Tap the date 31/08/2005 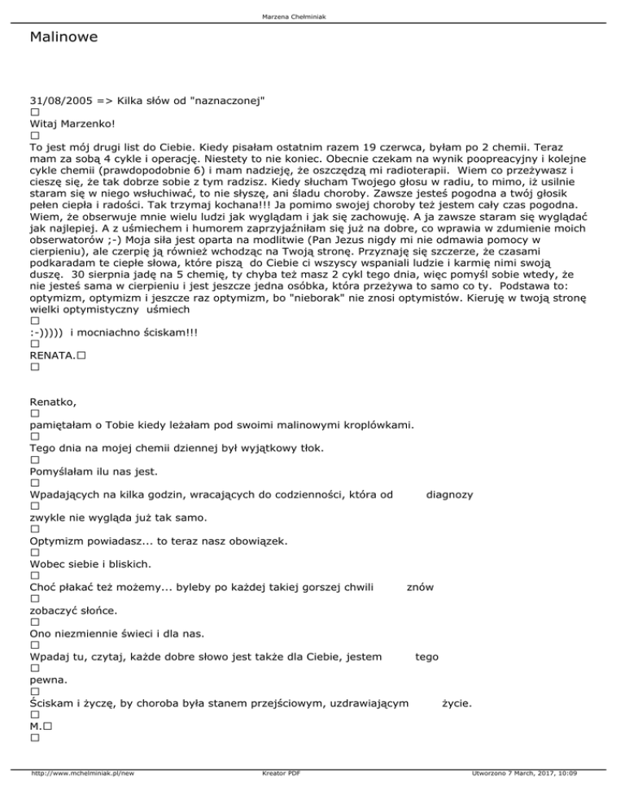coord(60,100)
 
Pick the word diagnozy coord(451,494)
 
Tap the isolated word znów coord(420,586)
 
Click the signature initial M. coord(36,724)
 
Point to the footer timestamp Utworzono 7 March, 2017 coord(518,797)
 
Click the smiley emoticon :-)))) coord(48,310)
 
